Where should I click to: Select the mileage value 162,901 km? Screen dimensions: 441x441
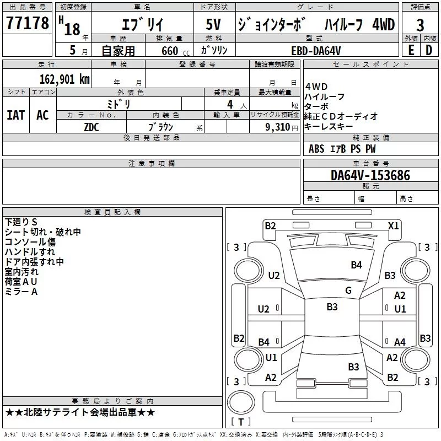(x=64, y=79)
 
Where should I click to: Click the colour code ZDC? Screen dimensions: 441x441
(x=92, y=126)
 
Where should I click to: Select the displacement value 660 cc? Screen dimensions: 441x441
(x=166, y=51)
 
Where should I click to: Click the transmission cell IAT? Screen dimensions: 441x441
(x=15, y=115)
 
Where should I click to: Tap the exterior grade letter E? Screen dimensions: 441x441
(x=411, y=50)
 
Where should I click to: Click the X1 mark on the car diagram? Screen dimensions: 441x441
(x=393, y=225)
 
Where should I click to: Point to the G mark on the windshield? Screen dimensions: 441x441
(x=348, y=291)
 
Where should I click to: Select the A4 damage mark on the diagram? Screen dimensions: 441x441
(x=400, y=342)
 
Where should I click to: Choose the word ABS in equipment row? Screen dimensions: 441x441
(x=316, y=149)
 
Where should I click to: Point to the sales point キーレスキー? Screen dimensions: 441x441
(x=329, y=126)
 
